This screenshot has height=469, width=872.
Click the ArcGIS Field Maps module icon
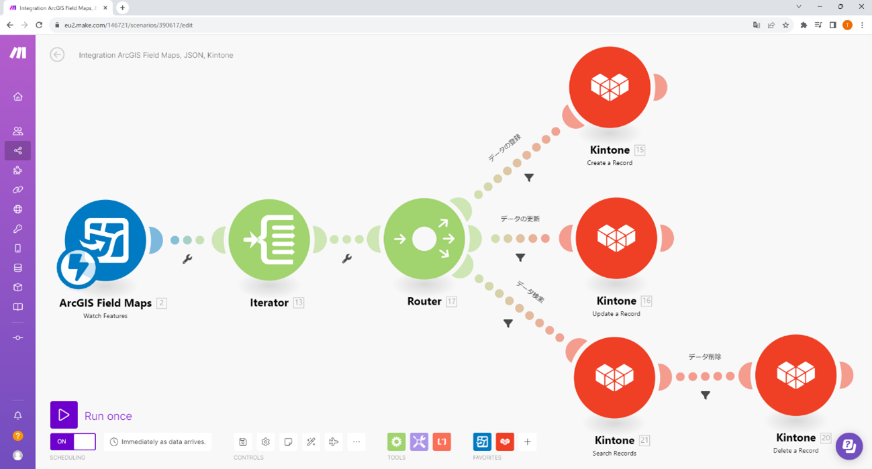coord(105,240)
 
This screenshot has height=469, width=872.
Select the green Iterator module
coord(269,240)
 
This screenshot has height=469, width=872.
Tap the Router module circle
coord(424,239)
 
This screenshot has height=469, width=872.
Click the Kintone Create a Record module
coord(610,87)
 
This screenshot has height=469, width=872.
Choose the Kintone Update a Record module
coord(616,238)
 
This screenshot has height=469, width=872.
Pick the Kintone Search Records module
coord(614,378)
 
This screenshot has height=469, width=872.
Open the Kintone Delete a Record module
coord(795,375)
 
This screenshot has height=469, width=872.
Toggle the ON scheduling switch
coord(72,441)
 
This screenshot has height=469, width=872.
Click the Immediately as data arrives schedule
coord(158,441)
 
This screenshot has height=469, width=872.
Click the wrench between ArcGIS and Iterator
coord(187,259)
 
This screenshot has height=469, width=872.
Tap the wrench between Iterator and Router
coord(347,258)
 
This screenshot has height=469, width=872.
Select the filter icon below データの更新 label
coord(520,257)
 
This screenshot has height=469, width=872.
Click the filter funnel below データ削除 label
coord(706,395)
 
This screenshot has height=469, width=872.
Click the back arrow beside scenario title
coord(57,55)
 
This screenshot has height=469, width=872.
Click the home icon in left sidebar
coord(18,97)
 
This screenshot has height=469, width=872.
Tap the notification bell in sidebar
coord(18,416)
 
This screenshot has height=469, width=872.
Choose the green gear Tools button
coord(396,441)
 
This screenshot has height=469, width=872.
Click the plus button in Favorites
coord(528,441)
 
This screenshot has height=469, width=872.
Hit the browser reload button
coord(39,25)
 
